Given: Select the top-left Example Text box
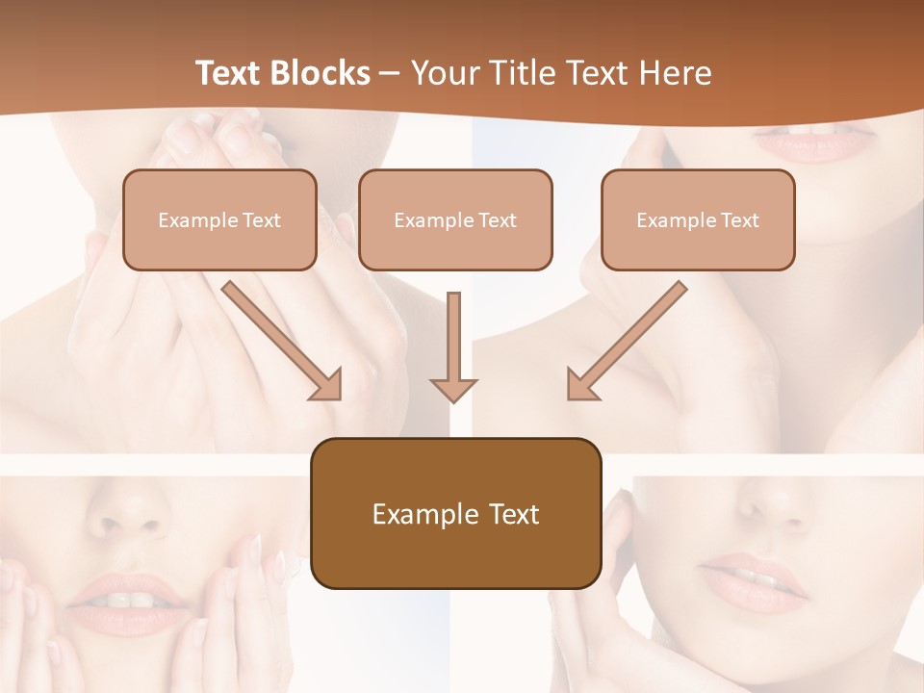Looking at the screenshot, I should pos(219,219).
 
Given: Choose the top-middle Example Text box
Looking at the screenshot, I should pos(455,219).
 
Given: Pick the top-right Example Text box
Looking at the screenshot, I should pos(698,219).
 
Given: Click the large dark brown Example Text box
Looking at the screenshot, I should pos(455,514).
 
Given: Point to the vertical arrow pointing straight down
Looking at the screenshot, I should pos(453,346).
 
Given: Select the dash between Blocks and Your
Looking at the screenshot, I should pos(390,74).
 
